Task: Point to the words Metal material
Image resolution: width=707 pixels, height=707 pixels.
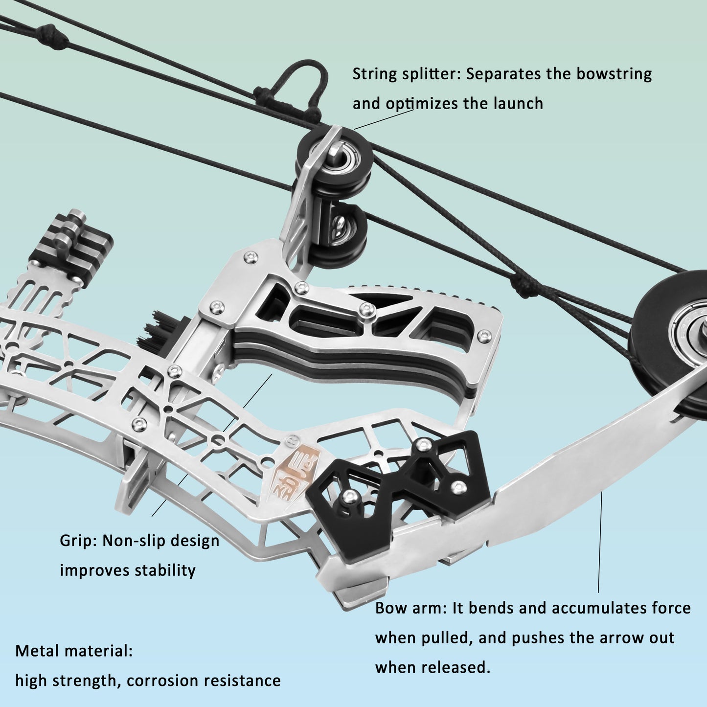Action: (x=74, y=651)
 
